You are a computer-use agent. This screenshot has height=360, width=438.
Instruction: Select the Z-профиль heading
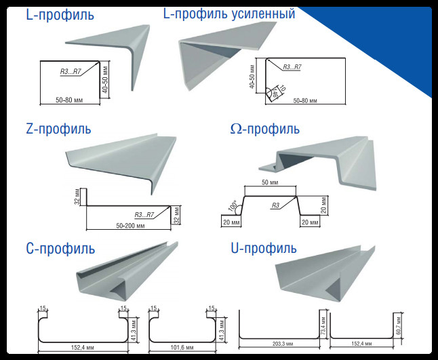click(58, 129)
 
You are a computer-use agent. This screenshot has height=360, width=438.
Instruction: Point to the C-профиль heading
click(60, 249)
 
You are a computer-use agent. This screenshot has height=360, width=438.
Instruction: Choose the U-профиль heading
click(264, 249)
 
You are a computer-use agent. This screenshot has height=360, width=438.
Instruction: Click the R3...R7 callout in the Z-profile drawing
click(144, 215)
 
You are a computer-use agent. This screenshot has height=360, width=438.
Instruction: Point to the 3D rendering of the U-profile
click(325, 271)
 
